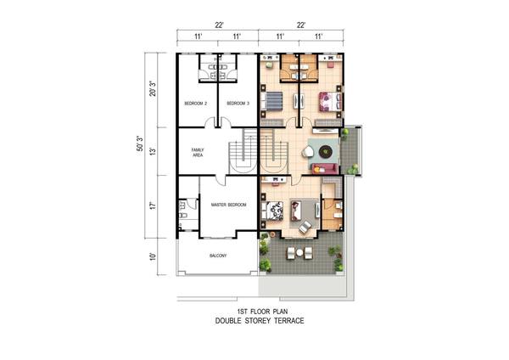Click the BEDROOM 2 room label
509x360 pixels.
195,104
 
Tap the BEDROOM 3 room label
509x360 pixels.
238,104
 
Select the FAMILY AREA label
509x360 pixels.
198,152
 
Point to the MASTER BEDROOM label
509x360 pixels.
228,205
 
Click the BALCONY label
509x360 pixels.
218,256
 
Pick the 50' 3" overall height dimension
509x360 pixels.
140,143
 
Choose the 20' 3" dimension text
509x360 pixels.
153,88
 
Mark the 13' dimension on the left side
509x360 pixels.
153,151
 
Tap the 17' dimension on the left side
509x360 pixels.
153,205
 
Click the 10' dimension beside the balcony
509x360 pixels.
153,256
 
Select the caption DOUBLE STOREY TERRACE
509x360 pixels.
260,321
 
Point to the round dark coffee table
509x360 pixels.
325,151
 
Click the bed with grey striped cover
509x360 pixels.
272,100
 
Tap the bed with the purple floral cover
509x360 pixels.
330,102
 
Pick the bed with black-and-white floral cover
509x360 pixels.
272,211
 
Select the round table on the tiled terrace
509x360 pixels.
299,252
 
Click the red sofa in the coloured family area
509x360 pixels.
325,169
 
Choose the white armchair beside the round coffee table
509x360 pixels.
308,152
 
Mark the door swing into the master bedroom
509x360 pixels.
221,180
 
